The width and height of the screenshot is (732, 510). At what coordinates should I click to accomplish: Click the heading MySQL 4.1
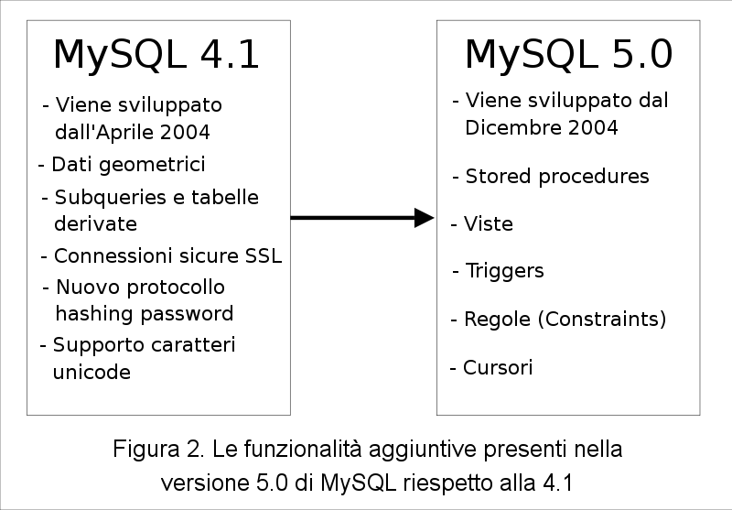point(156,55)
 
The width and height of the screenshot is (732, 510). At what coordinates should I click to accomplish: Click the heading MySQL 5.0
point(568,55)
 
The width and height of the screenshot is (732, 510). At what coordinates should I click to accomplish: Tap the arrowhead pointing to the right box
point(424,218)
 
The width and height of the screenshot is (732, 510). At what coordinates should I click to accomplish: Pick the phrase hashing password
point(145,314)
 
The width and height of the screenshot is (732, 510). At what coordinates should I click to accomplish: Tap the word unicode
point(91,373)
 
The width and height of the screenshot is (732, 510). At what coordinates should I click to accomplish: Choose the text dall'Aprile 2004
point(133,132)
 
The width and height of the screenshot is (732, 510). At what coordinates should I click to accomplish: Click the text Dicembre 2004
point(542,127)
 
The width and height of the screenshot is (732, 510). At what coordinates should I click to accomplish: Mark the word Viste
point(489,224)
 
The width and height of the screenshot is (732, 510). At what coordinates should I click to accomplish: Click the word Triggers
point(505,271)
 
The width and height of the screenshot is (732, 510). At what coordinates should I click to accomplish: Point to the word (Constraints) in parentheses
point(602,320)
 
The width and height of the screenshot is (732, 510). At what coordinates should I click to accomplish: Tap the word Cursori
point(498,368)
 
